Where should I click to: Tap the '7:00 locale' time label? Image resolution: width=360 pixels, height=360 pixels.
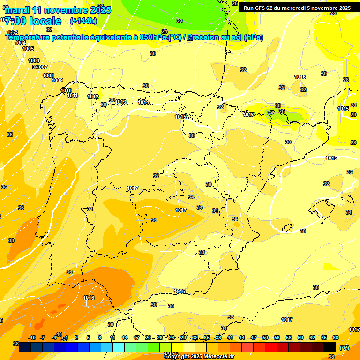33,21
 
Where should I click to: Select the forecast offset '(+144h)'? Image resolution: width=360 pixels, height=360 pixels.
83,21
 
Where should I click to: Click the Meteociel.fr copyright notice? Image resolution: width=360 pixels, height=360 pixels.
199,356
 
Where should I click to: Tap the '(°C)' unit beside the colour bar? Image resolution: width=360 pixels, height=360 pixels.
344,348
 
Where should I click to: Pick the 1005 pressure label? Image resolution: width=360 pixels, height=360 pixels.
28,49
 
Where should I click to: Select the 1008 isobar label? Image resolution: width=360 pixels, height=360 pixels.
48,75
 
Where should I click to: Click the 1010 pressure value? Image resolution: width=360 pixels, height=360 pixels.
66,90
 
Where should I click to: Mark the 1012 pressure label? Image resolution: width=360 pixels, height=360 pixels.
93,97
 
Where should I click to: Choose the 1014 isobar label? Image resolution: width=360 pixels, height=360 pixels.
143,102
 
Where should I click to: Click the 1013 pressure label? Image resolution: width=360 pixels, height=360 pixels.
121,102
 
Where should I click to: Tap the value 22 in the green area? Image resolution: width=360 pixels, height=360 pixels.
180,21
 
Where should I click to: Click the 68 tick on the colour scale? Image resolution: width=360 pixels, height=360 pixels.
336,337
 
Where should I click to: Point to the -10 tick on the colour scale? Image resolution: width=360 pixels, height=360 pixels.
32,337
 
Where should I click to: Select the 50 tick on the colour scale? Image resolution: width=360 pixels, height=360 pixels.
265,337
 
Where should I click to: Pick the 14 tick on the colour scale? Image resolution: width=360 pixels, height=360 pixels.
125,337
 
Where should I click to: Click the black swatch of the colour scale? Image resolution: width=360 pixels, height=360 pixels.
330,347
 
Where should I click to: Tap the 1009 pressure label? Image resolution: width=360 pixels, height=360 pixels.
57,80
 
